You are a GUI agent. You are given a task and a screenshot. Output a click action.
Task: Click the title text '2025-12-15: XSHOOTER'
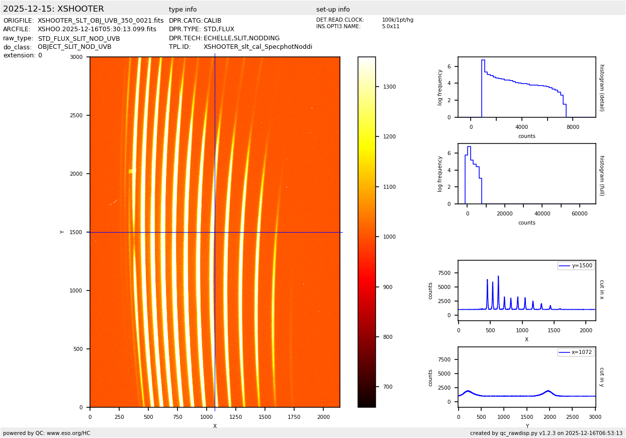pyautogui.click(x=53, y=9)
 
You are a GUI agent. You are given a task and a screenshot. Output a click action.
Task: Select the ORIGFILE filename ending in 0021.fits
pyautogui.click(x=101, y=21)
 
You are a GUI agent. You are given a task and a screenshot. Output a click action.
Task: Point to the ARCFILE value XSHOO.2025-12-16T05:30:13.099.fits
pyautogui.click(x=97, y=29)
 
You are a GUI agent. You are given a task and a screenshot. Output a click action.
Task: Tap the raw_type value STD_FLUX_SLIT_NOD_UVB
pyautogui.click(x=79, y=38)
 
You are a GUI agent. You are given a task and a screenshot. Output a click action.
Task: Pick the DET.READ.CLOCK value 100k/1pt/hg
pyautogui.click(x=397, y=20)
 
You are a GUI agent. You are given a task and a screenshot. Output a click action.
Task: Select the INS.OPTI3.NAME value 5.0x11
pyautogui.click(x=391, y=27)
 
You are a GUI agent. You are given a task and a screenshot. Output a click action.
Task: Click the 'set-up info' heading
pyautogui.click(x=333, y=10)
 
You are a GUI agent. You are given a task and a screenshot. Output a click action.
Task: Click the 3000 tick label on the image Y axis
pyautogui.click(x=77, y=57)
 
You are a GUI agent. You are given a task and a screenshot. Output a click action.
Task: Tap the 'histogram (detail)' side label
pyautogui.click(x=601, y=87)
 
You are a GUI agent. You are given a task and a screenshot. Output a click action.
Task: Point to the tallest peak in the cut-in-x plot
pyautogui.click(x=498, y=276)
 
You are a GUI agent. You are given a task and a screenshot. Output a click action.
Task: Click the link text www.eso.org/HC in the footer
pyautogui.click(x=70, y=433)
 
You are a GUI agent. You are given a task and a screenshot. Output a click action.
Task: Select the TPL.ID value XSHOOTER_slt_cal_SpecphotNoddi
pyautogui.click(x=258, y=47)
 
